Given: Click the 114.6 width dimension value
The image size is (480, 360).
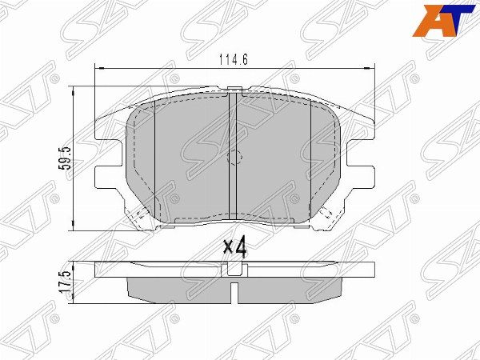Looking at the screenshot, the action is click(234, 59).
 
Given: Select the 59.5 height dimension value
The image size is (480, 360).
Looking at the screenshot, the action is click(66, 158).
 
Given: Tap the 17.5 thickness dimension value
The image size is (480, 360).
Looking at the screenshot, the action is click(66, 282).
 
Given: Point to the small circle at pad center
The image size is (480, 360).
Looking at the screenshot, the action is click(234, 158).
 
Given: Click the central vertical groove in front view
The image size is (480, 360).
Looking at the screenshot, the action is click(234, 156).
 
